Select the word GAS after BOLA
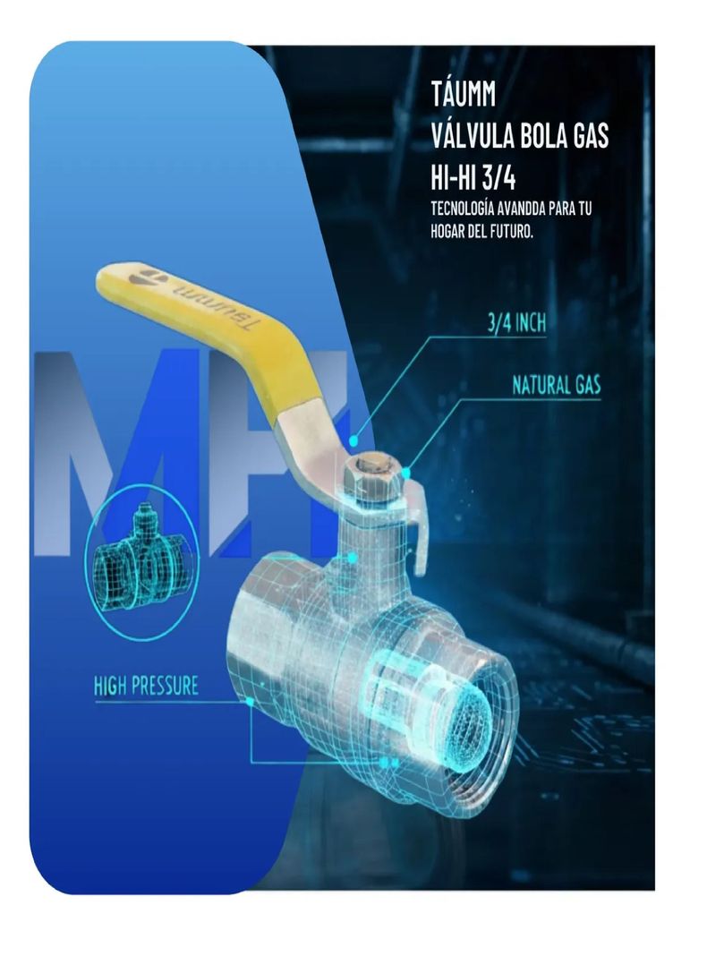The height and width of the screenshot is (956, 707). click(588, 136)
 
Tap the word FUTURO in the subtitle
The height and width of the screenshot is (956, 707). click(513, 233)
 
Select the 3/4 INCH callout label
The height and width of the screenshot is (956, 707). click(515, 322)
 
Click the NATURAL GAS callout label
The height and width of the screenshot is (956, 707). click(556, 385)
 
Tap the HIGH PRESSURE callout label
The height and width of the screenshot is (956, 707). click(146, 686)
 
